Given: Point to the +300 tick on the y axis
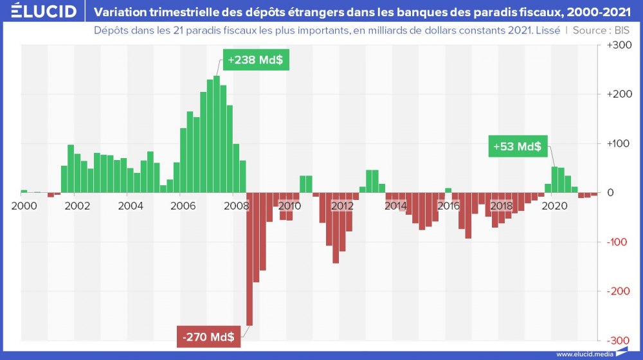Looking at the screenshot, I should [619, 46].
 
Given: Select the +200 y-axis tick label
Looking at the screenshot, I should [619, 94].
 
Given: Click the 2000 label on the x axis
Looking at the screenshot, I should [24, 206].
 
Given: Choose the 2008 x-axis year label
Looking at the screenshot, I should [237, 206].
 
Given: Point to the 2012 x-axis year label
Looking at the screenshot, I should [342, 206].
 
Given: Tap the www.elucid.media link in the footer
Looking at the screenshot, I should [583, 354].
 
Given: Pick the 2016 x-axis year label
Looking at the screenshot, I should [448, 206].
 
